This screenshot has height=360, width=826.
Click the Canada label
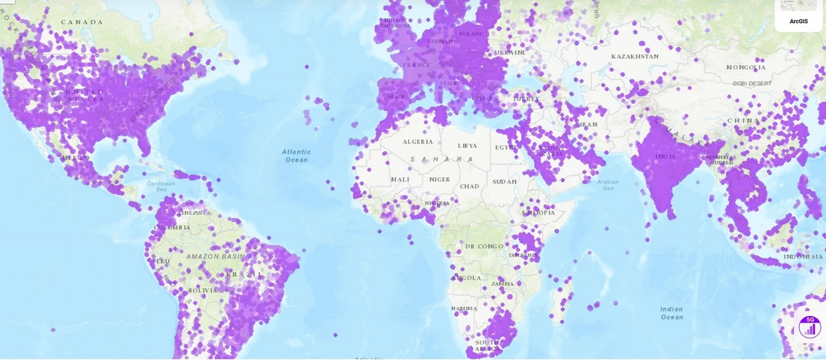[x=82, y=23]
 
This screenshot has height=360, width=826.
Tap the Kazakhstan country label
[x=635, y=57]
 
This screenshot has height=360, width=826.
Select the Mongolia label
[x=745, y=68]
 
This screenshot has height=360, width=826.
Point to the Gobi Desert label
[x=752, y=84]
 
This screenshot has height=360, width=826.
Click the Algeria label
[x=418, y=142]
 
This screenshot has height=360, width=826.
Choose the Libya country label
[x=467, y=146]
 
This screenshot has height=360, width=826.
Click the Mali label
[x=400, y=180]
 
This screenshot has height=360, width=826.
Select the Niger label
[x=439, y=180]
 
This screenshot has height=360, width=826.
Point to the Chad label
[x=469, y=186]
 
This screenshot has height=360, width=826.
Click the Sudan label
[x=505, y=182]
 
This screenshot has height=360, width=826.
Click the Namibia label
[x=465, y=309]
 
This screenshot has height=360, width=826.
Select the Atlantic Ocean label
[x=296, y=155]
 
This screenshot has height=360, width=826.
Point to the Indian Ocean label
[x=671, y=313]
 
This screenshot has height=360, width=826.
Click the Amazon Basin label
[x=216, y=257]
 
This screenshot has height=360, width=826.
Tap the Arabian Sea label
[x=608, y=186]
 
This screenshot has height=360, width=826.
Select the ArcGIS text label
[x=798, y=21]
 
